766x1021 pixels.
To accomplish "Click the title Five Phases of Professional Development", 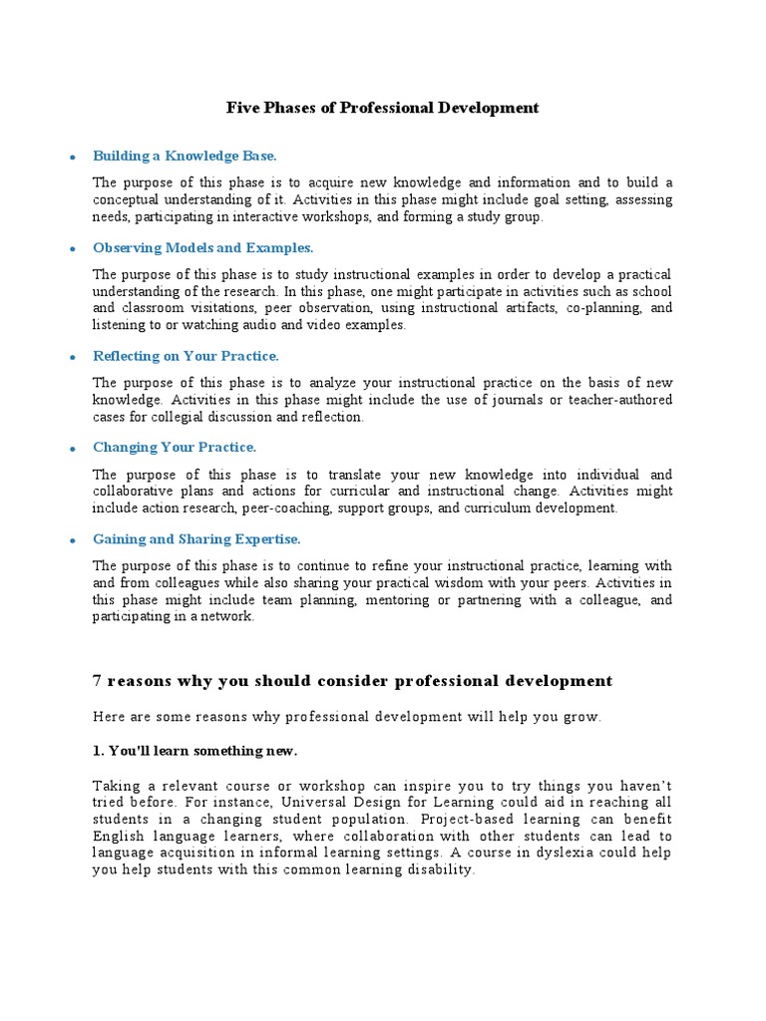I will pos(382,108).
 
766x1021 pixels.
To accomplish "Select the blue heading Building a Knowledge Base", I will pos(185,156).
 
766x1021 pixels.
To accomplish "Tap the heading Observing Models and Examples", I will pos(202,247).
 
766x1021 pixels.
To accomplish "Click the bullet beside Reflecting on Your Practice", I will pos(72,358).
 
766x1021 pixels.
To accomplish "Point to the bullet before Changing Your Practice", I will pos(72,450).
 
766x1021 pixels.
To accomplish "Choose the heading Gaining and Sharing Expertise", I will pos(196,538).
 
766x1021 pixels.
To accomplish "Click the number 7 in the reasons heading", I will pos(97,681).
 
